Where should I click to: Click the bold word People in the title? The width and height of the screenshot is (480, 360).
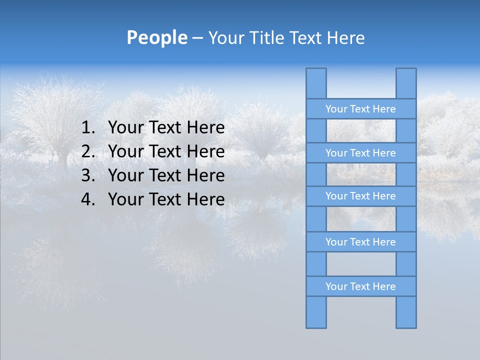156,38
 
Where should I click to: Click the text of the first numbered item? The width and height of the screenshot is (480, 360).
166,128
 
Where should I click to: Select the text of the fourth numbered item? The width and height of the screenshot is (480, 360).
166,199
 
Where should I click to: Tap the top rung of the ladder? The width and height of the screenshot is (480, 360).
360,109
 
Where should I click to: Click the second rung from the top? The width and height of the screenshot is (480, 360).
360,153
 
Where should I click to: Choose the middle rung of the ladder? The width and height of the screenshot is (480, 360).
360,196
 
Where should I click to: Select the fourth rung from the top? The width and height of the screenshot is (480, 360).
360,242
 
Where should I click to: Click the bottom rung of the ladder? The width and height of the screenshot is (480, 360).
360,286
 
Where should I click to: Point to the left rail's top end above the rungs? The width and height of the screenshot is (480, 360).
316,83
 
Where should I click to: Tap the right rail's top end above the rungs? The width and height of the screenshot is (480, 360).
406,83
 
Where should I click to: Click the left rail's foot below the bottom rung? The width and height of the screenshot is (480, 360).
316,312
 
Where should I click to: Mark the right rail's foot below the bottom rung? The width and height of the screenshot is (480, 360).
406,312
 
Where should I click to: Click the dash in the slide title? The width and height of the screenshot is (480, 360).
197,38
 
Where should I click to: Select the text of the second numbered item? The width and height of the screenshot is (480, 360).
166,151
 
